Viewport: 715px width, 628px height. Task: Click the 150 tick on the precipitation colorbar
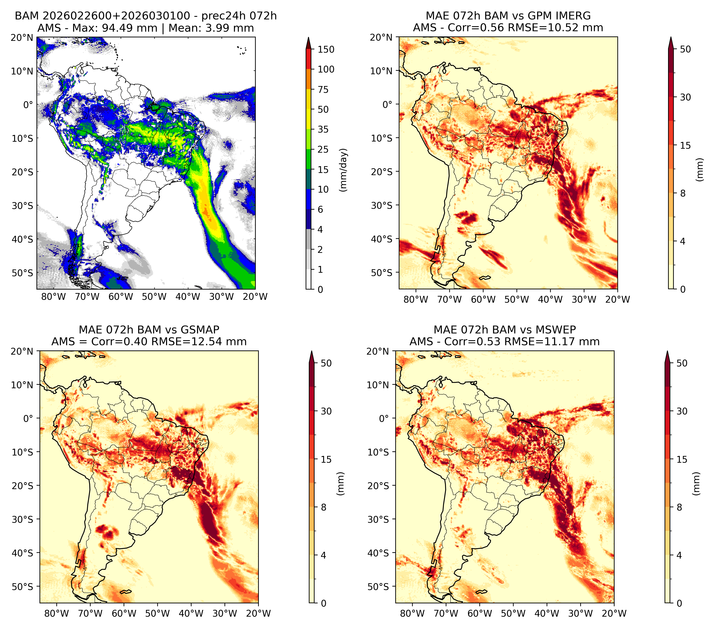coord(326,49)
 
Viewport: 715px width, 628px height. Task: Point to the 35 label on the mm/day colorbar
coord(323,129)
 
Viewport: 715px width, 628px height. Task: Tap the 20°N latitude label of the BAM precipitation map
coord(22,37)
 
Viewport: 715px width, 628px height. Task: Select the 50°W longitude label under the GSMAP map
coord(157,614)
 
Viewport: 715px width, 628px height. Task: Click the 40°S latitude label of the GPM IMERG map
coord(382,239)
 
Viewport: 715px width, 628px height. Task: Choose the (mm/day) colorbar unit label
coord(344,170)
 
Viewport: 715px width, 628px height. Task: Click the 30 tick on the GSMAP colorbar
coord(326,411)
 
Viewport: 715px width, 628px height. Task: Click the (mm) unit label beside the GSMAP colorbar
coord(340,484)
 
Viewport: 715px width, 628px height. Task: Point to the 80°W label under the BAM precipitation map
coord(54,297)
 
